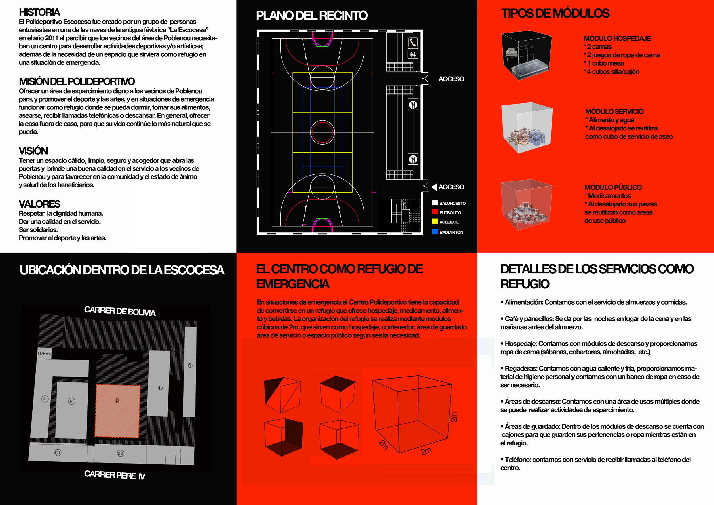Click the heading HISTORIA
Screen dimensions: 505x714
click(x=39, y=12)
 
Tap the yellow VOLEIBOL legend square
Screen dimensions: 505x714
click(x=435, y=221)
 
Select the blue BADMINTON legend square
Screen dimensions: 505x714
click(x=435, y=232)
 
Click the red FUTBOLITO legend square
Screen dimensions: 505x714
click(x=435, y=212)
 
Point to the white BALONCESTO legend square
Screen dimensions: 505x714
click(x=435, y=203)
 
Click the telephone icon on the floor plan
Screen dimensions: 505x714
click(x=413, y=42)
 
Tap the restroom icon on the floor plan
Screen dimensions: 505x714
click(x=413, y=55)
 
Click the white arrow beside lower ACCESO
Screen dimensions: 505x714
click(x=434, y=187)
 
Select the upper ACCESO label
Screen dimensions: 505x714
click(x=451, y=79)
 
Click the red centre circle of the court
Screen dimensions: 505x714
click(x=322, y=132)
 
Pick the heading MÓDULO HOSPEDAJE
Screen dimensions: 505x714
click(x=617, y=38)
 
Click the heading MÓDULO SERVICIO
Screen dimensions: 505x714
click(x=614, y=111)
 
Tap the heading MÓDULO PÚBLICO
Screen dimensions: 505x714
click(x=613, y=187)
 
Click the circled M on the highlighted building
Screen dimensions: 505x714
click(x=117, y=400)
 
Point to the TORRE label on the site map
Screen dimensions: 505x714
click(x=44, y=353)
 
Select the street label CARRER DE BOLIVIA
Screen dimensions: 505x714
click(x=120, y=311)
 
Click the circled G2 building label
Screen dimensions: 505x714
click(x=120, y=453)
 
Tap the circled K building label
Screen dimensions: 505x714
click(x=71, y=401)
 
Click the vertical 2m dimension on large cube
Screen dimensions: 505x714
click(x=454, y=417)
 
